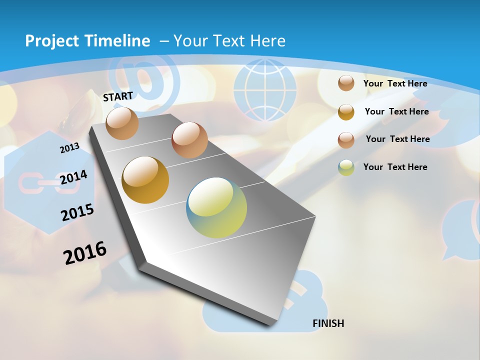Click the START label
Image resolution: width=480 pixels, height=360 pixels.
click(x=118, y=96)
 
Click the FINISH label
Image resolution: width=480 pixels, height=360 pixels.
click(x=328, y=323)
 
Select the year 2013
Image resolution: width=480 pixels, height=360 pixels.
click(x=69, y=148)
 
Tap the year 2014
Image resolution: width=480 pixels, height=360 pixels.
click(x=73, y=177)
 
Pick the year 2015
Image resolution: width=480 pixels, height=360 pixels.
click(x=77, y=212)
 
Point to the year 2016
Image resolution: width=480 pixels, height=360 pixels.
click(x=85, y=252)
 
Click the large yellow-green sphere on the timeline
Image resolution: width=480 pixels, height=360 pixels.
click(x=216, y=207)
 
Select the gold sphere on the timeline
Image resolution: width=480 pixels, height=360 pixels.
click(x=145, y=180)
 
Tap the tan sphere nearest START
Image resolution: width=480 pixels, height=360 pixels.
click(x=122, y=123)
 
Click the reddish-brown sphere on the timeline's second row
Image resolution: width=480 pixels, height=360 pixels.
click(x=189, y=139)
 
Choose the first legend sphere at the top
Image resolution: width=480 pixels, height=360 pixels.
click(x=346, y=83)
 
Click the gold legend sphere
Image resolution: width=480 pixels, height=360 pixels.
click(x=346, y=111)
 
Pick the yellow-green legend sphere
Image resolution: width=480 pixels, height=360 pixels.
click(x=346, y=167)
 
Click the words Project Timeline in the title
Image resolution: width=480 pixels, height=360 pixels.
click(x=87, y=41)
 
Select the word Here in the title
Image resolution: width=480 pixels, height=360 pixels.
click(x=267, y=41)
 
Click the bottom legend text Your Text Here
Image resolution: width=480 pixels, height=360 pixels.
click(x=395, y=167)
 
